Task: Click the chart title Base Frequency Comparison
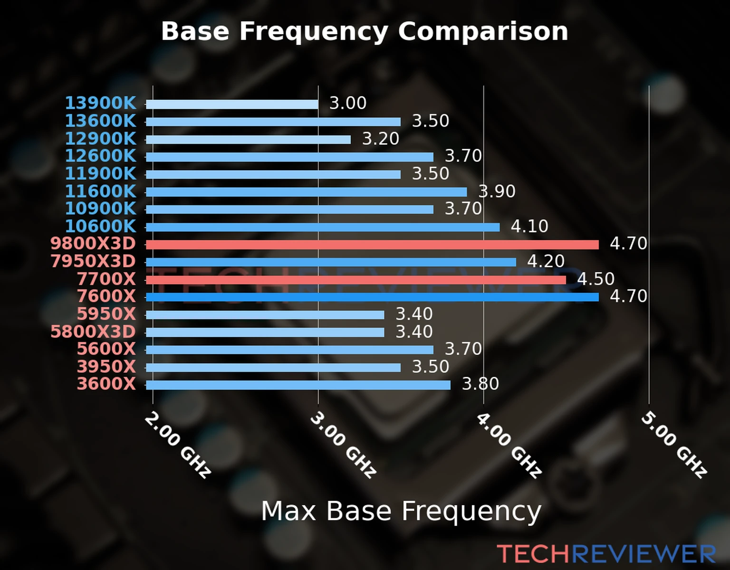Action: pos(365,31)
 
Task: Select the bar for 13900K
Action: pos(232,104)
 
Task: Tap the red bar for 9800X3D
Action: pos(372,245)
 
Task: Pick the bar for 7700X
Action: pos(355,280)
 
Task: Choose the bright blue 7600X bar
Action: pos(372,297)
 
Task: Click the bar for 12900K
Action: pos(248,140)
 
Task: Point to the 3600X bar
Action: pos(298,385)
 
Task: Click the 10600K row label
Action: pos(100,226)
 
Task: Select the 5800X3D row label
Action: pos(93,332)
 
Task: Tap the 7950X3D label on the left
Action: pos(93,261)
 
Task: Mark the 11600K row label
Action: pos(100,191)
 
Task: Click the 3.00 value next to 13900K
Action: pos(348,103)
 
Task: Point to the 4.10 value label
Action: pos(529,226)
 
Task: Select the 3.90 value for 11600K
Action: pos(497,191)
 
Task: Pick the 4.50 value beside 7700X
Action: pos(596,279)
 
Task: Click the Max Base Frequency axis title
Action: pos(401,512)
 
